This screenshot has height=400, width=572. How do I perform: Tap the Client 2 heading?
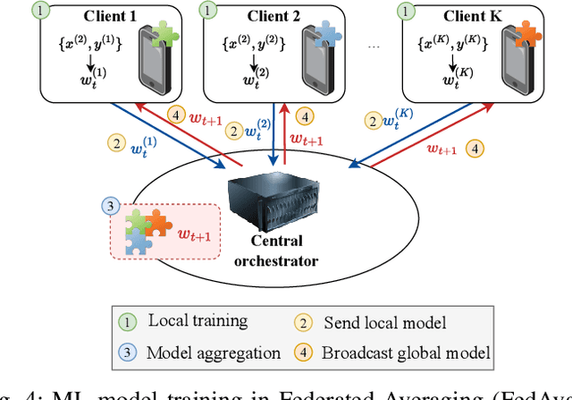pos(271,17)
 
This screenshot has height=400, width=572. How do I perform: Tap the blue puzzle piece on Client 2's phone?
pos(332,33)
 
